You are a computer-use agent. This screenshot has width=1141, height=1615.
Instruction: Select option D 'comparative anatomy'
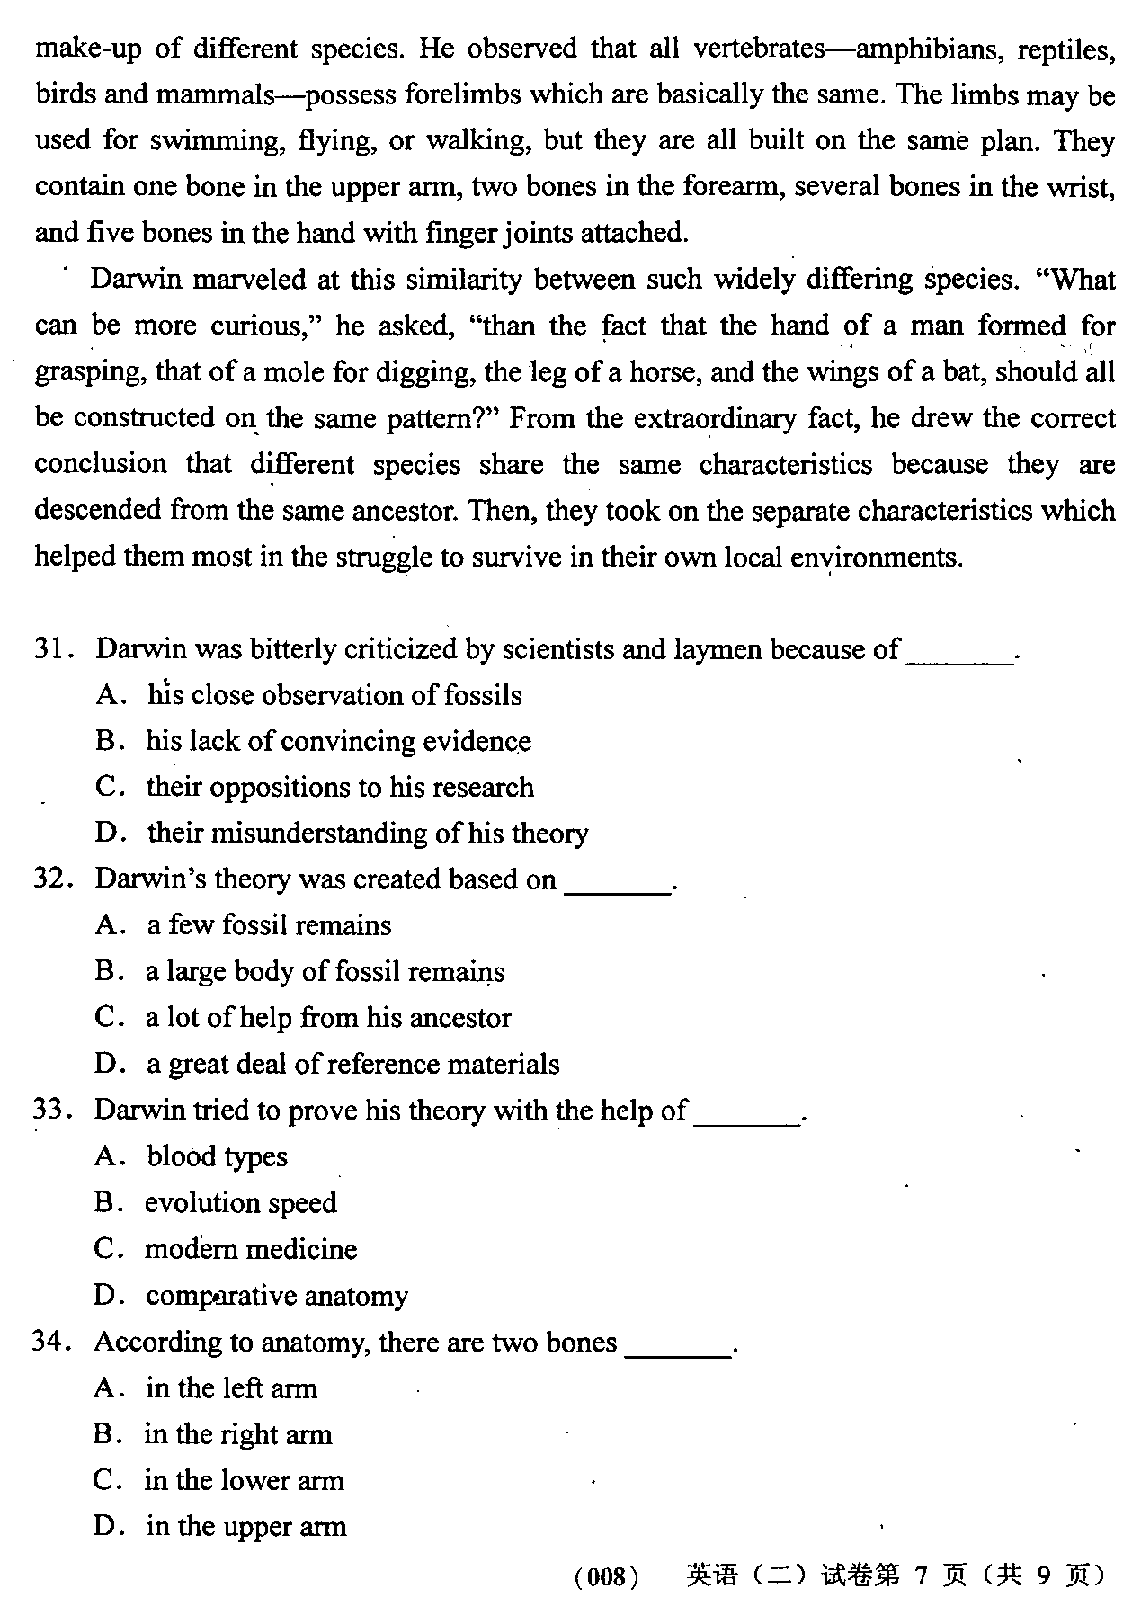[x=277, y=1296]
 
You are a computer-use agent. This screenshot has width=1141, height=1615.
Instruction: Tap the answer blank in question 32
[x=618, y=881]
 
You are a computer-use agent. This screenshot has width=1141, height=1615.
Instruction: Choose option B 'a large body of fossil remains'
[x=325, y=972]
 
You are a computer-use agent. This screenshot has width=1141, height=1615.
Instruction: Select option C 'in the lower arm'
[x=244, y=1480]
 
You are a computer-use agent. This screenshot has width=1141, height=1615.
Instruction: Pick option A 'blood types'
[x=217, y=1156]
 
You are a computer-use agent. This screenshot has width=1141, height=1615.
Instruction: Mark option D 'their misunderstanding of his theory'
[x=368, y=834]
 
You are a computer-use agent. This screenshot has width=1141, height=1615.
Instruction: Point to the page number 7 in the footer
[x=919, y=1575]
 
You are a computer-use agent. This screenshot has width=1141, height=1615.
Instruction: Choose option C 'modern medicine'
[x=251, y=1249]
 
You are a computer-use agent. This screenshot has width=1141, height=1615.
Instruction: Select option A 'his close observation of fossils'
[x=334, y=695]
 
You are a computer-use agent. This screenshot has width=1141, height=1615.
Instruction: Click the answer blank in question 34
[x=677, y=1344]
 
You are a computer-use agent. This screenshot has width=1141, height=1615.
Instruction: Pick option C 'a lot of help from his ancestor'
[x=328, y=1018]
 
